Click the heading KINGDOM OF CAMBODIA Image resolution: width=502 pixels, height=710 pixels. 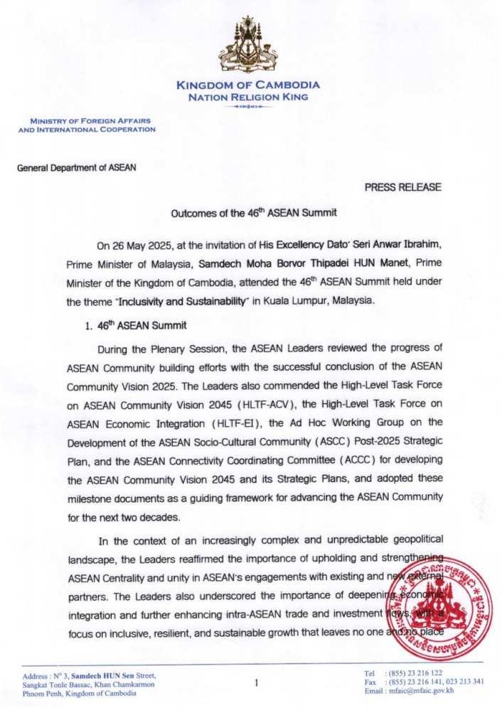point(248,85)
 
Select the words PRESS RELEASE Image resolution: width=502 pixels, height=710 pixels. point(403,187)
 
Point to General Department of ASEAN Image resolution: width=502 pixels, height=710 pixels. point(77,168)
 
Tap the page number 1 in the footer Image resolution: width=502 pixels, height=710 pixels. point(255,684)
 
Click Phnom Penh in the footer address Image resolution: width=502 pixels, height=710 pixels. point(41,693)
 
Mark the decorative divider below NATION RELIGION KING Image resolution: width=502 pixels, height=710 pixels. point(248,106)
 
